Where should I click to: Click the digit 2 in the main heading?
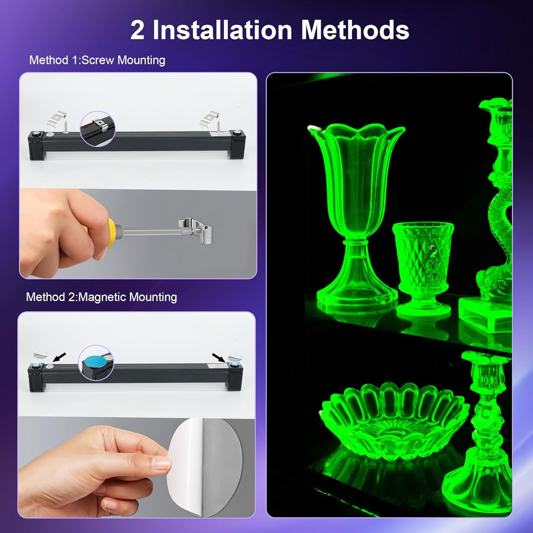pyautogui.click(x=138, y=31)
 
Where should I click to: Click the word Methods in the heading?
pyautogui.click(x=355, y=30)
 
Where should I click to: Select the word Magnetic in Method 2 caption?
pyautogui.click(x=102, y=297)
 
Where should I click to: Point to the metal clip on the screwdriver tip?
pyautogui.click(x=196, y=231)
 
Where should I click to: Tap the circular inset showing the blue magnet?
pyautogui.click(x=96, y=363)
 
